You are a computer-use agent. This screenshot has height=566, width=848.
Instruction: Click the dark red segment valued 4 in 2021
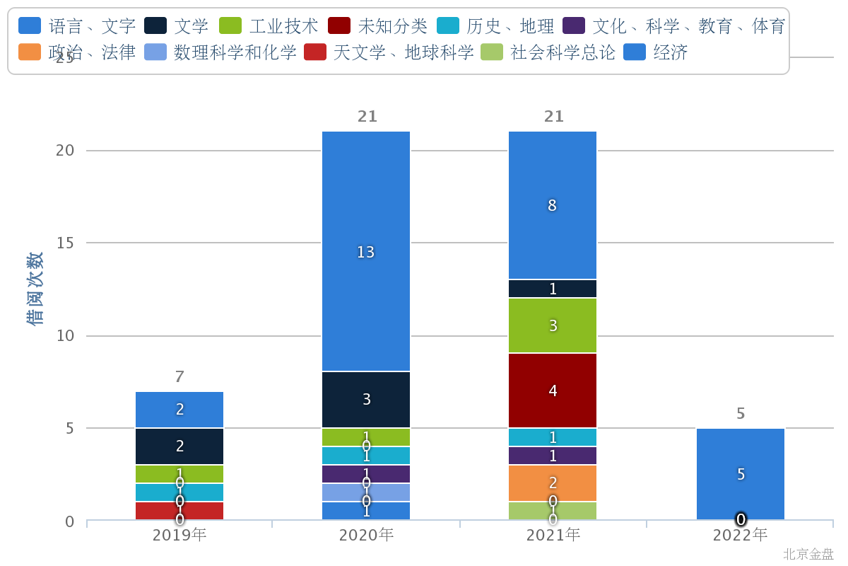553,391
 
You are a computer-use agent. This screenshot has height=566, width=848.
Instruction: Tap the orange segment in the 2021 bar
553,483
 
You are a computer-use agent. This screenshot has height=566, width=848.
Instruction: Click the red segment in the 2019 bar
179,511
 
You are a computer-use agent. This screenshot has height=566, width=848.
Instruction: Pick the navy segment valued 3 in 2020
366,400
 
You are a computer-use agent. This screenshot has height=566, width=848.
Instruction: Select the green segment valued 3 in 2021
553,325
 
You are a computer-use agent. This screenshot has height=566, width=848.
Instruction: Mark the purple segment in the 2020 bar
366,474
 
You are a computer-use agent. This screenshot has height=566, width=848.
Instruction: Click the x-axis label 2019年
179,535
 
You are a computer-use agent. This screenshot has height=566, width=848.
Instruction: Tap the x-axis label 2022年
741,535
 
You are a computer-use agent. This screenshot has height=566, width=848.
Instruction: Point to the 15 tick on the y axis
66,243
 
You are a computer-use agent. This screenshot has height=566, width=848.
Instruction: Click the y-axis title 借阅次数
35,289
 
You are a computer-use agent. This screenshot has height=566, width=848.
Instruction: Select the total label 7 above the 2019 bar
179,377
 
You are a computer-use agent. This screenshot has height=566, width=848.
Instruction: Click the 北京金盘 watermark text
808,554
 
